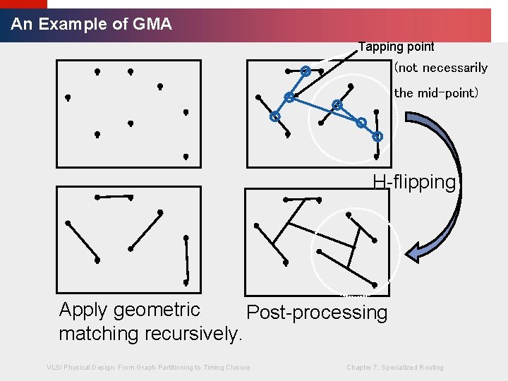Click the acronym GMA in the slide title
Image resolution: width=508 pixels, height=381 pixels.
click(152, 24)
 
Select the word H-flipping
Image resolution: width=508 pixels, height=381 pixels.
click(415, 182)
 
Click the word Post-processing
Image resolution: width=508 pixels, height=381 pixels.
click(316, 313)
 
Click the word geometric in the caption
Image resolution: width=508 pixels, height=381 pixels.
click(159, 310)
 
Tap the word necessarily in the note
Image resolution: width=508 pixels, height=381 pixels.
click(454, 68)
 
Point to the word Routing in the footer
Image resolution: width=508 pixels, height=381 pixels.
click(431, 368)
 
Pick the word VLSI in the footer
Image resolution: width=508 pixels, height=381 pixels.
click(54, 368)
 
